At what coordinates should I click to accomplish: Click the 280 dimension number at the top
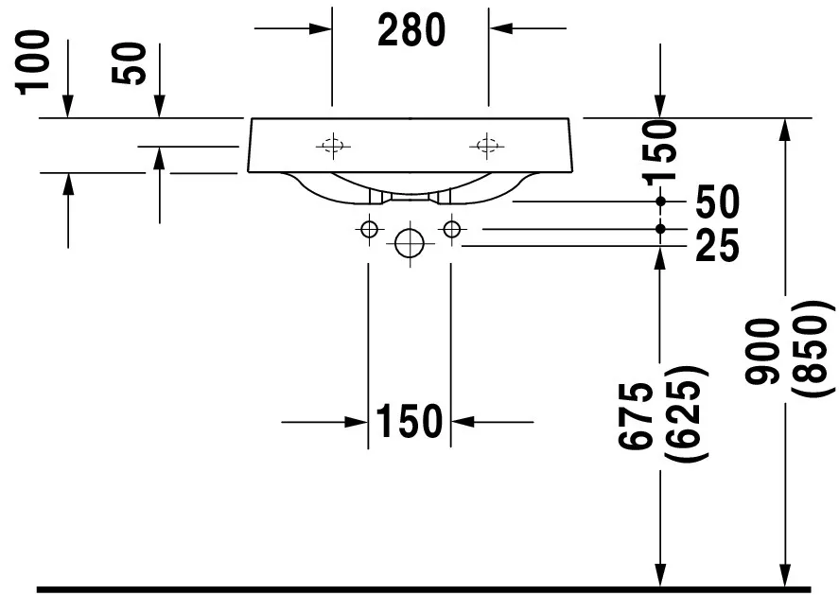point(411,30)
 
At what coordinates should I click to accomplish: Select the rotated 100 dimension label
point(34,63)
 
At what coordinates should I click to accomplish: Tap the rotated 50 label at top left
point(129,63)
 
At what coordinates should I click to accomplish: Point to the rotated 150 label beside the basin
point(661,152)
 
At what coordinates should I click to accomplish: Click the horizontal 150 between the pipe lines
point(410,421)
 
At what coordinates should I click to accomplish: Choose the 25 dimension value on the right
point(717,246)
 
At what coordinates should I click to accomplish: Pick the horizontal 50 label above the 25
point(717,201)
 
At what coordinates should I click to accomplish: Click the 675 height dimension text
point(636,416)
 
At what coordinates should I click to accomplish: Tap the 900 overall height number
point(762,351)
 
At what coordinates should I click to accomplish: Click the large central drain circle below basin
point(410,243)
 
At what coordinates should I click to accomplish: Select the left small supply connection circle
point(369,230)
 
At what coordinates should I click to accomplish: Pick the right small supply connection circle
point(452,230)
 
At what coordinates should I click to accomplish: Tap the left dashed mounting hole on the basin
point(333,145)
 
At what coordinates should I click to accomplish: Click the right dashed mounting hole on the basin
point(486,145)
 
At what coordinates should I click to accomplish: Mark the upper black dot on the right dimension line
point(660,201)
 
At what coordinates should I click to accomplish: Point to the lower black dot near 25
point(660,229)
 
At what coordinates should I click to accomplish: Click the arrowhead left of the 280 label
point(321,27)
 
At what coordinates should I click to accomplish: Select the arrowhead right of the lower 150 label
point(463,422)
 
